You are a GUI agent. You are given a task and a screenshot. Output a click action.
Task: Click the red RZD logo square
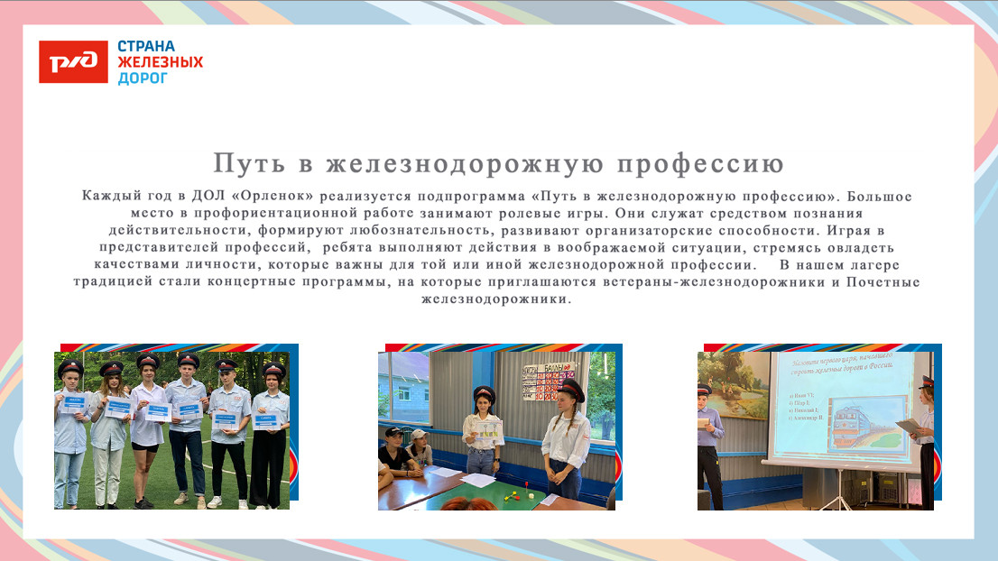(73, 62)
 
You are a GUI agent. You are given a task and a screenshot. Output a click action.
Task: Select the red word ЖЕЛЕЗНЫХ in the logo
(161, 62)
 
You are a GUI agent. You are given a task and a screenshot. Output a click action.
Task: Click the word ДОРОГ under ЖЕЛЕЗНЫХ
(143, 78)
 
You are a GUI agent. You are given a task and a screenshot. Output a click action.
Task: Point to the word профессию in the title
(701, 164)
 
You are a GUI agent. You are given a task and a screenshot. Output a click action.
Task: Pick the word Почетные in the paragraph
(882, 281)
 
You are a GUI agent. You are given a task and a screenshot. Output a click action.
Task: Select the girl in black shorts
(146, 424)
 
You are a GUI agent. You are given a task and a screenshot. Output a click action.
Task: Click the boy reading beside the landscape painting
(709, 442)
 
